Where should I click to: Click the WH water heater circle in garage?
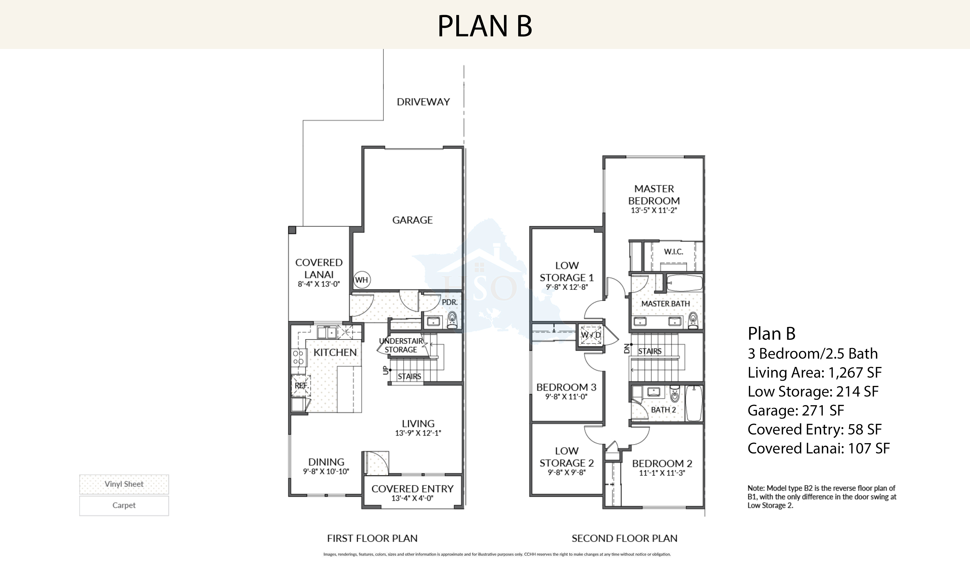click(361, 280)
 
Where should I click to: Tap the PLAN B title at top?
click(485, 26)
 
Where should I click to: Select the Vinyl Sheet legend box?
click(124, 484)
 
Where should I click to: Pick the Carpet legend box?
click(124, 505)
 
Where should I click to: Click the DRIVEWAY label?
click(423, 102)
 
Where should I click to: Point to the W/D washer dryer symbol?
click(590, 335)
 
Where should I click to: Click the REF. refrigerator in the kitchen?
click(301, 385)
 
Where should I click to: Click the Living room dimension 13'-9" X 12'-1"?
click(418, 433)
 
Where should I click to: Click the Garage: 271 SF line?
click(796, 410)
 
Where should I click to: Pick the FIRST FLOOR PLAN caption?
click(372, 538)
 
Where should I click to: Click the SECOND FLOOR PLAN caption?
click(624, 538)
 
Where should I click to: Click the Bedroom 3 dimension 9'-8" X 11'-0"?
click(566, 397)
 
